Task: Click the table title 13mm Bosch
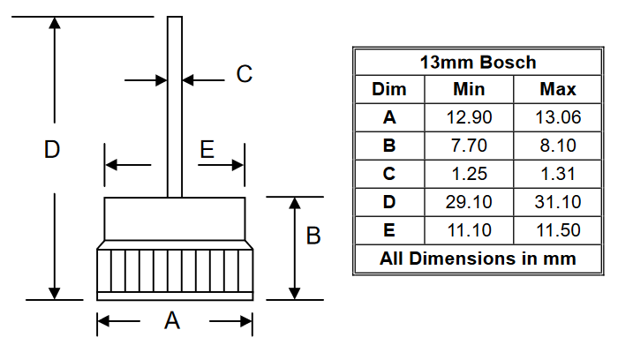478,63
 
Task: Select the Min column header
469,89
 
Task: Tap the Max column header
557,89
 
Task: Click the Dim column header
389,89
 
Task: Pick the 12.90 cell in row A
469,117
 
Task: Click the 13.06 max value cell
557,117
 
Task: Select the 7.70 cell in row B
469,146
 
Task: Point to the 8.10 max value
557,146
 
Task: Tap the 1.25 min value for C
469,174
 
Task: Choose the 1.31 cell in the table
557,174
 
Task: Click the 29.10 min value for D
469,202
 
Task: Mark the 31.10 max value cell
557,202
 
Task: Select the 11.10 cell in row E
469,230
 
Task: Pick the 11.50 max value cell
557,230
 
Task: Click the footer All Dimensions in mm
478,259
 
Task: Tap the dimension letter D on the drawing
52,150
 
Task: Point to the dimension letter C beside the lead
245,75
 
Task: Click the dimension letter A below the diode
173,322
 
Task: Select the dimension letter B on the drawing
313,236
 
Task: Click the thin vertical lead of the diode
175,106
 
